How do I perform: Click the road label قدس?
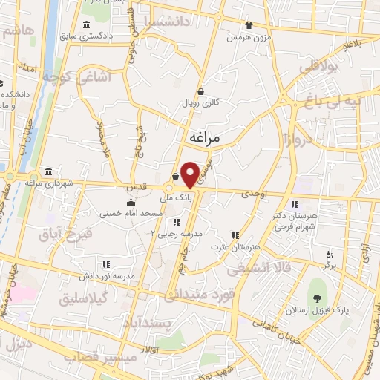coord(150,187)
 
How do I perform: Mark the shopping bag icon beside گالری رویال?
coord(200,92)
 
